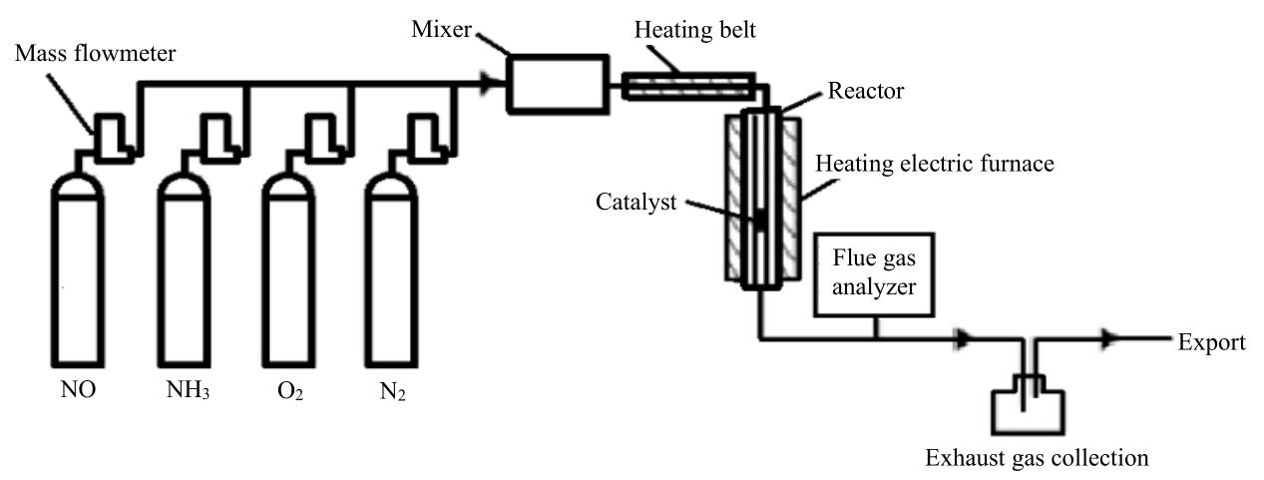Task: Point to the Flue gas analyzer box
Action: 875,274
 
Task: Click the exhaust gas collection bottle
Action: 1028,405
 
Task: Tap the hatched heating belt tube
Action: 687,86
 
